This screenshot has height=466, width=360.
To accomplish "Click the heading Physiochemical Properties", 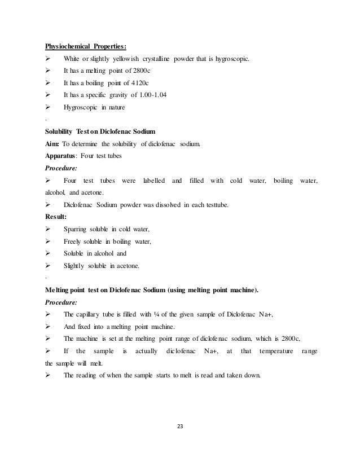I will (86, 46).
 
